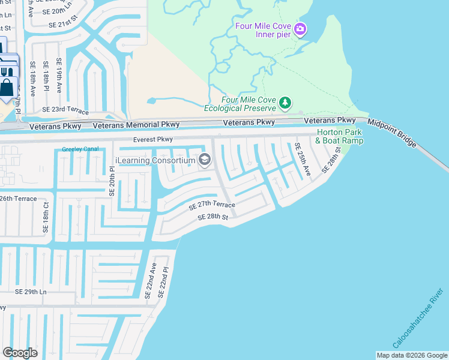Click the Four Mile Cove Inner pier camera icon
pos(301,28)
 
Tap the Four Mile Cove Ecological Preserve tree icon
pos(286,104)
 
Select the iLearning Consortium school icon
pos(205,160)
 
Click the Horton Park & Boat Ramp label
pos(340,136)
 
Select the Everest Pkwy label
pos(152,140)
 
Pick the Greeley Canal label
pos(80,149)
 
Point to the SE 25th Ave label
pos(302,159)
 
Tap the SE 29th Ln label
pos(31,292)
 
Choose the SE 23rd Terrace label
pos(65,111)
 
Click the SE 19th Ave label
pos(59,76)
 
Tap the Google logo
pos(20,353)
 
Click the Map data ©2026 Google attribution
pos(412,355)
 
